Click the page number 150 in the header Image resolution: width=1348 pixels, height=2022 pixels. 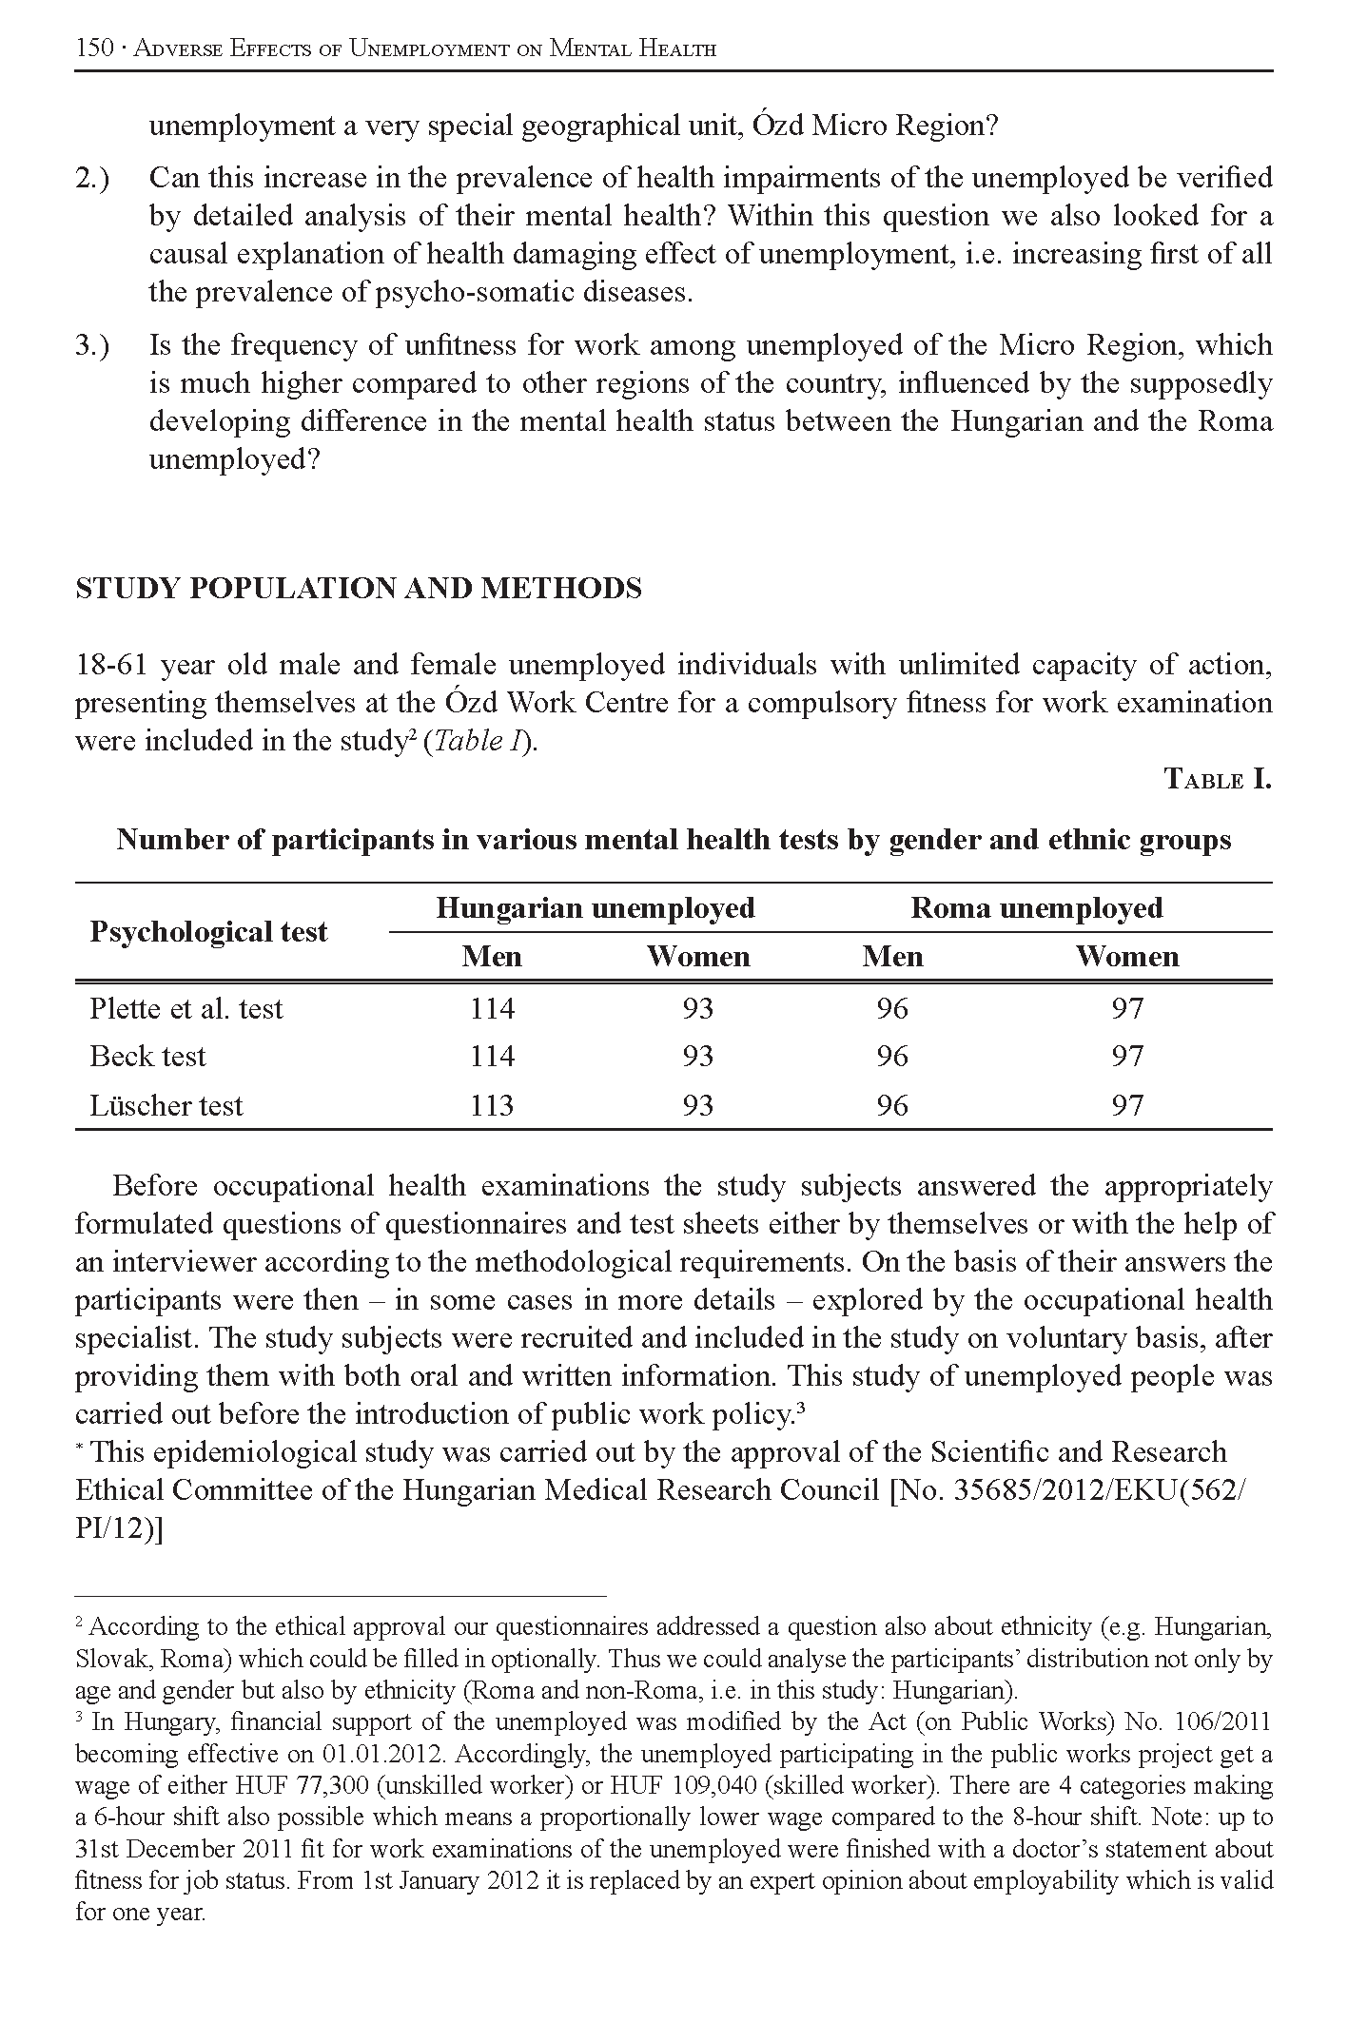click(x=94, y=48)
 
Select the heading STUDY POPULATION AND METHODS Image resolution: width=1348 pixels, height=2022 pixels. click(x=358, y=589)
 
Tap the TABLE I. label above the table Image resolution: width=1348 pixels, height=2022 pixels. click(x=1218, y=780)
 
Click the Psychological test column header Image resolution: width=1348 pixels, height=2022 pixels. click(x=208, y=932)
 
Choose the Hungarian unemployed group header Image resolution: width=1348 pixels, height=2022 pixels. click(x=595, y=908)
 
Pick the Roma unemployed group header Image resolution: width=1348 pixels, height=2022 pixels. click(x=1036, y=908)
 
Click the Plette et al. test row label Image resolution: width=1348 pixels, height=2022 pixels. click(x=186, y=1008)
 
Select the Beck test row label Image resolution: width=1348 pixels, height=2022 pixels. click(x=147, y=1057)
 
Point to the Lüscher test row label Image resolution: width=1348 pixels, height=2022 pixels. click(x=166, y=1105)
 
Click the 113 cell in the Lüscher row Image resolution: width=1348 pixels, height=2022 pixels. click(x=492, y=1105)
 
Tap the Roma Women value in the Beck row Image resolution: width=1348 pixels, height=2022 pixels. click(x=1126, y=1057)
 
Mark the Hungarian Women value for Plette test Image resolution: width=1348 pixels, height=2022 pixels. click(x=697, y=1008)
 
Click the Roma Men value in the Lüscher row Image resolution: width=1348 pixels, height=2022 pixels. click(x=891, y=1105)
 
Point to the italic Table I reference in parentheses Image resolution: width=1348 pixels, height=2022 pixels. click(x=479, y=742)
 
